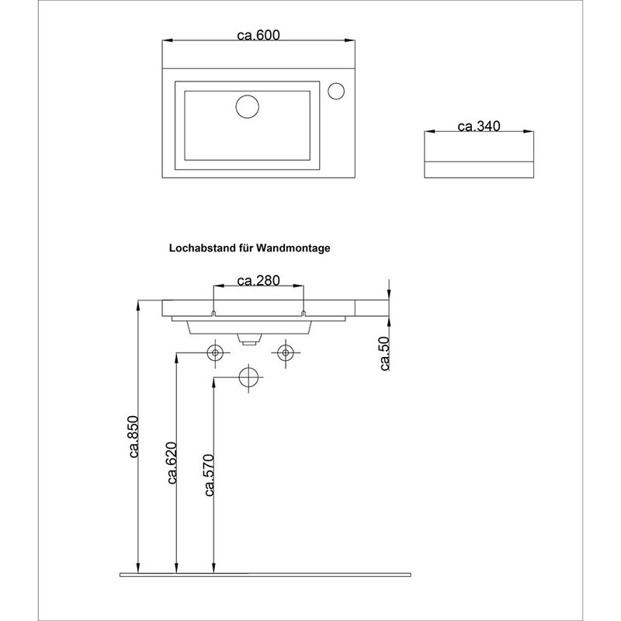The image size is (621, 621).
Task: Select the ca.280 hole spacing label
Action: pyautogui.click(x=258, y=280)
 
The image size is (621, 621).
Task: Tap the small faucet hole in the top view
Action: pyautogui.click(x=336, y=91)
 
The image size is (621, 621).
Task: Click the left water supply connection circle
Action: pyautogui.click(x=215, y=352)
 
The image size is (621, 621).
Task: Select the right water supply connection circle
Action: pyautogui.click(x=285, y=352)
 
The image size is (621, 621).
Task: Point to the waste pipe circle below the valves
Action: pyautogui.click(x=249, y=376)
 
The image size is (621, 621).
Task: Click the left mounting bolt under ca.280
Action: pyautogui.click(x=213, y=313)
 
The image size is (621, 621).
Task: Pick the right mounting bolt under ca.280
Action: pyautogui.click(x=304, y=313)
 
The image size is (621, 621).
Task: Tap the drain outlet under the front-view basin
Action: pyautogui.click(x=249, y=339)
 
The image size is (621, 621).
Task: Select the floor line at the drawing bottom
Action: pyautogui.click(x=264, y=575)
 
